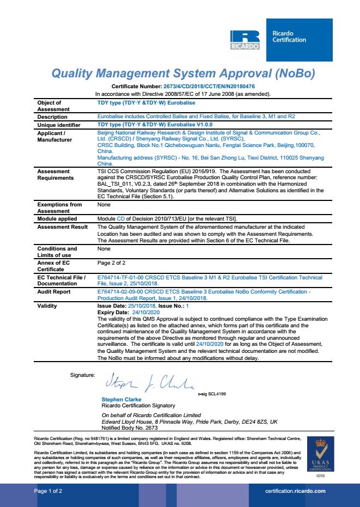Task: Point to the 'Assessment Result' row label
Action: (59, 225)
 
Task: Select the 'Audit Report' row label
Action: (52, 292)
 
